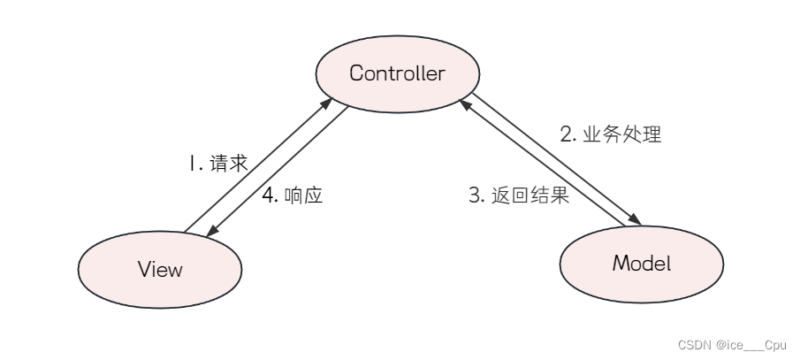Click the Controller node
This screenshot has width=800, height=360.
coord(397,73)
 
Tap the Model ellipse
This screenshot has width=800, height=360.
coord(642,263)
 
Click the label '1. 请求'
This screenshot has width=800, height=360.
coord(217,164)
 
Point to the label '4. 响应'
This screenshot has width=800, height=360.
coord(292,195)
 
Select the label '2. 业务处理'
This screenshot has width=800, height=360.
coord(611,135)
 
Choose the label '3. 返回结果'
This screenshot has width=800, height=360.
coord(518,195)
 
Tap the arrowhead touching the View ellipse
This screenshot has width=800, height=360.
coord(212,231)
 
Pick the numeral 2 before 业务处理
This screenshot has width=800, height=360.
coord(567,135)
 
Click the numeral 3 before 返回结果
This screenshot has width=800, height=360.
coord(474,195)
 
